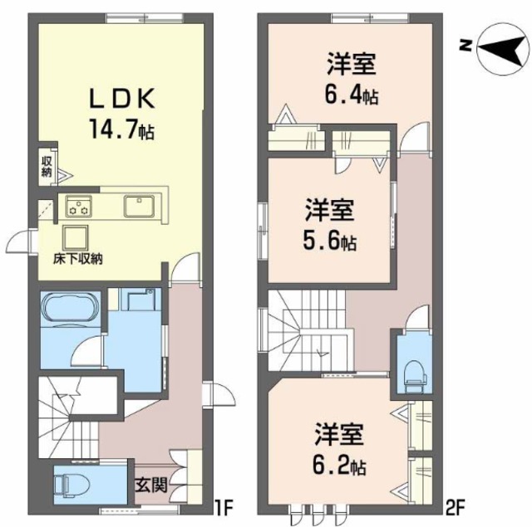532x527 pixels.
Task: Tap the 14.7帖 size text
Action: pyautogui.click(x=121, y=130)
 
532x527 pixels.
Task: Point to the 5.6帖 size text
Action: pyautogui.click(x=330, y=242)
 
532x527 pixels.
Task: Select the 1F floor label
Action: pyautogui.click(x=222, y=504)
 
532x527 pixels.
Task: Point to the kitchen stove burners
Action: pyautogui.click(x=80, y=204)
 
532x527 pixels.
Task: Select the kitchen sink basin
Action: pyautogui.click(x=138, y=204)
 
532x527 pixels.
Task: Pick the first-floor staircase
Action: pyautogui.click(x=71, y=415)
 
